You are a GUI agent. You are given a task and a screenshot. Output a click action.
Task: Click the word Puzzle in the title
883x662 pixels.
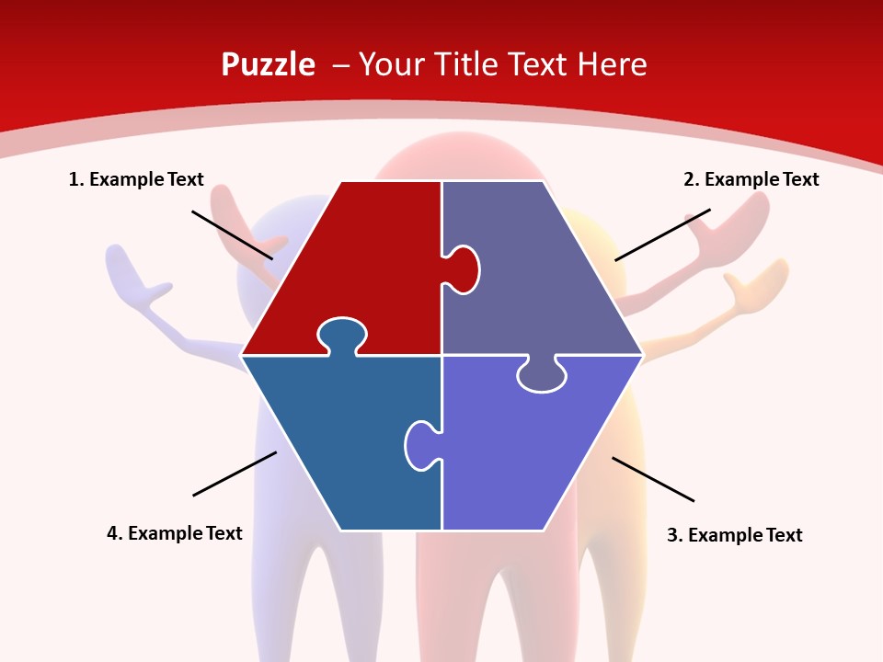(x=268, y=65)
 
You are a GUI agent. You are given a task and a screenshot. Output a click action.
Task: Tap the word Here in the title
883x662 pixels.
(x=612, y=65)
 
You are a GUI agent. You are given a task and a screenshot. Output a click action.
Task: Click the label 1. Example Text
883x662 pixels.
(x=136, y=179)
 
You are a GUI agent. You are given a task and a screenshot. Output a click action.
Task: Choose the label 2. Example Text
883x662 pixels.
(x=751, y=179)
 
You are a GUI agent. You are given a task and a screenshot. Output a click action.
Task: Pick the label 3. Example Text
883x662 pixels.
(x=734, y=535)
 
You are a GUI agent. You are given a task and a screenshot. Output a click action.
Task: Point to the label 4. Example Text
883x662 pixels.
(x=175, y=533)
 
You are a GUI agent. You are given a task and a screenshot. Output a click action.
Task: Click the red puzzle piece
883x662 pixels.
(x=350, y=267)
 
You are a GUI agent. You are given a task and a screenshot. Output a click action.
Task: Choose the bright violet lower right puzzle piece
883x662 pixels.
(x=533, y=451)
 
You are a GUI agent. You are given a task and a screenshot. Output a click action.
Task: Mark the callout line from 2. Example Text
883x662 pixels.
(x=662, y=234)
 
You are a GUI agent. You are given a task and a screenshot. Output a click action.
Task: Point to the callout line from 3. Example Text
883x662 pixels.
(x=653, y=479)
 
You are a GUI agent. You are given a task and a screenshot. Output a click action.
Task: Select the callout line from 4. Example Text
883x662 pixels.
(x=235, y=474)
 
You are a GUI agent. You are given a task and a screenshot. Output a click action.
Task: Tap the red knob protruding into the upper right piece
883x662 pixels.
(x=463, y=268)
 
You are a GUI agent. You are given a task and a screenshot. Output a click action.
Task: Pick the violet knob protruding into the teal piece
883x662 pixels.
(x=420, y=444)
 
